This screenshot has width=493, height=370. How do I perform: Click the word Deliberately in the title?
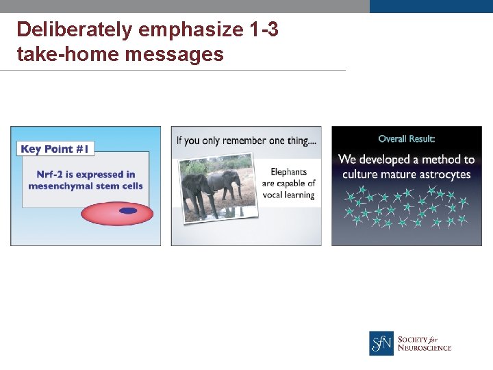75,30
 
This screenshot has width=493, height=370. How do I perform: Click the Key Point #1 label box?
55,149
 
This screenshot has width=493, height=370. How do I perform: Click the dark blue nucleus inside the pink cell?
127,211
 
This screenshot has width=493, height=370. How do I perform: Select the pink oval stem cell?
103,213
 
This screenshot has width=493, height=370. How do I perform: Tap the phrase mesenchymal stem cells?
86,186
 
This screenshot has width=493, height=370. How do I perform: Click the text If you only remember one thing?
245,140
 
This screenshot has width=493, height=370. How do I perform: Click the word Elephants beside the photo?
288,172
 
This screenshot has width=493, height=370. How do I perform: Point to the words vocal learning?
288,195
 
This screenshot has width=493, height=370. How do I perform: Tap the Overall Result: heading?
406,139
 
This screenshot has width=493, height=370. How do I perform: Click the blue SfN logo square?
381,343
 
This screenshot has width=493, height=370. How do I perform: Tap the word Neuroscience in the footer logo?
425,348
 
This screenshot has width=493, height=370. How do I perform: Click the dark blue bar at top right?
431,6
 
